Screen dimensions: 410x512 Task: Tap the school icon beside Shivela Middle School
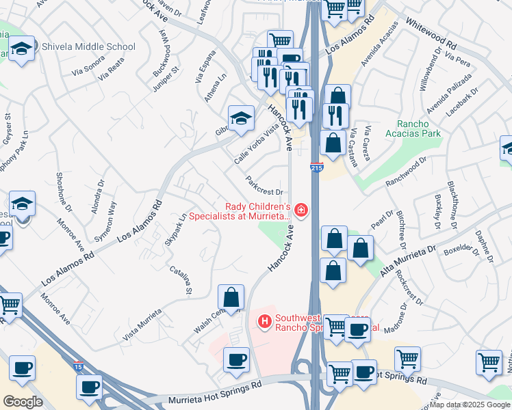(23, 49)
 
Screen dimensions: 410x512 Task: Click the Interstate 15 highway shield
(79, 367)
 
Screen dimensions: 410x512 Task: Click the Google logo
(23, 402)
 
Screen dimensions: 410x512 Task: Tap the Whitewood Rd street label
(431, 31)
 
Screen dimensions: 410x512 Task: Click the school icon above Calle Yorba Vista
(241, 118)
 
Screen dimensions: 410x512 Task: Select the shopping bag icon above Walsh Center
(231, 297)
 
